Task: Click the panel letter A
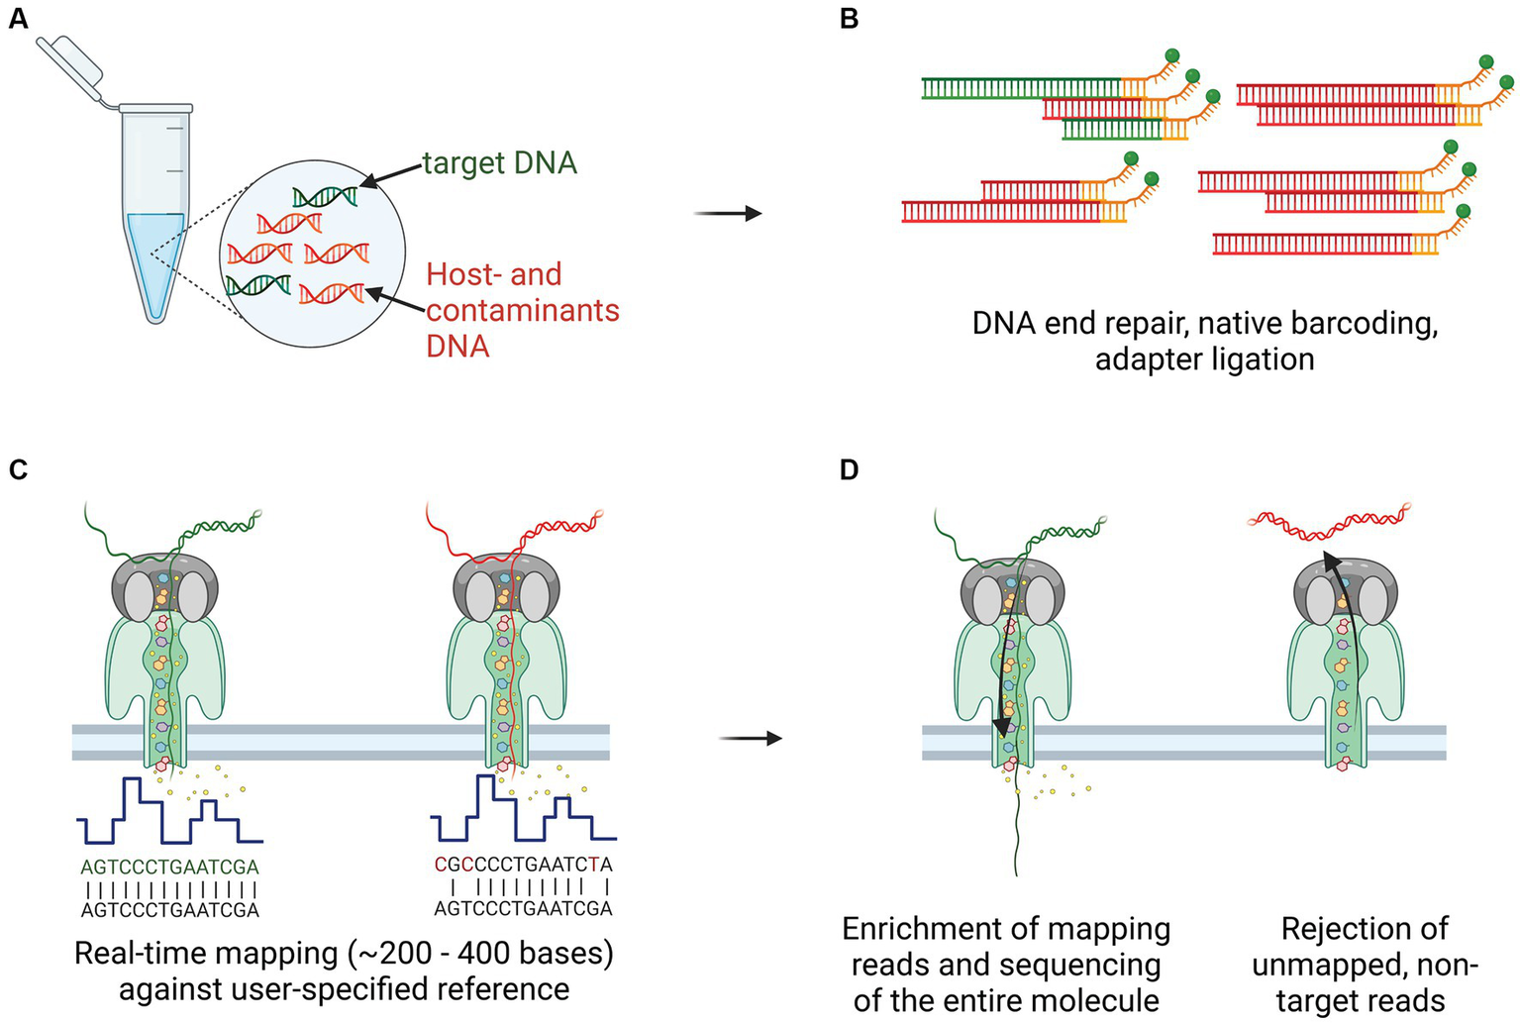[18, 19]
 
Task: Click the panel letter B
[849, 19]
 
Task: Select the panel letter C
[18, 468]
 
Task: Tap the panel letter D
[849, 468]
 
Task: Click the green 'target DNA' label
[499, 162]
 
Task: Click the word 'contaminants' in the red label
[522, 310]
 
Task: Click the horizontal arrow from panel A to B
[728, 213]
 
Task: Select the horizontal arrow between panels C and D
[750, 739]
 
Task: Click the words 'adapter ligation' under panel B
[1204, 358]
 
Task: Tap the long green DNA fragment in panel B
[1020, 88]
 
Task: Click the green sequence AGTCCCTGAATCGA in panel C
[169, 868]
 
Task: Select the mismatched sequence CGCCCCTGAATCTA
[523, 865]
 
